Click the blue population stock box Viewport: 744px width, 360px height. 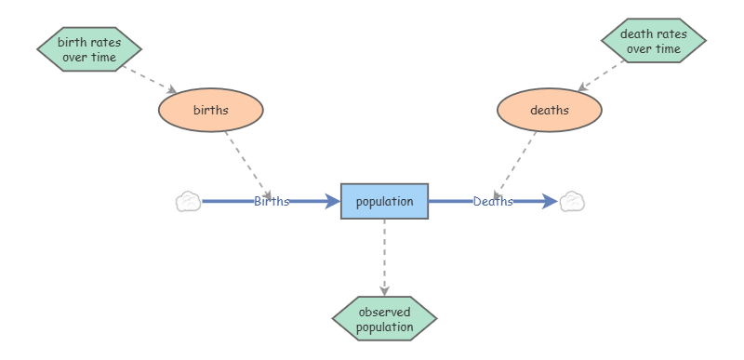point(384,201)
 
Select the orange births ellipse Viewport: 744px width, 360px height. point(211,110)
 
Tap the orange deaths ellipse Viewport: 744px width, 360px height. point(550,110)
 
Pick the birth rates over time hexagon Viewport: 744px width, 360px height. point(89,49)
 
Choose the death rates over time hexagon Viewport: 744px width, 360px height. point(654,41)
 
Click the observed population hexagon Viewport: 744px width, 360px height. point(384,319)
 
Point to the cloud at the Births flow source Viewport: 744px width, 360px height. point(189,202)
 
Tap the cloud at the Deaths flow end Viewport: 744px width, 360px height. point(572,202)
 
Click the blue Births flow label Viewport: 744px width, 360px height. point(272,202)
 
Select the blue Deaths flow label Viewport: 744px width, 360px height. point(493,202)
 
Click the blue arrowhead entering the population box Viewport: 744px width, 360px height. point(333,201)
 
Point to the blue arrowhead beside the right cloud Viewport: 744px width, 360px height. point(550,201)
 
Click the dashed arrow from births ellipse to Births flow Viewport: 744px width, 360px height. point(248,166)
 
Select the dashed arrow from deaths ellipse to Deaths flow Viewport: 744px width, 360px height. point(514,166)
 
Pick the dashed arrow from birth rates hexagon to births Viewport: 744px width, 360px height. point(150,80)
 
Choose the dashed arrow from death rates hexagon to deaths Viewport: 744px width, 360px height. point(601,76)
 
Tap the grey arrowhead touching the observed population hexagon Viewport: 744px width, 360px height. point(384,291)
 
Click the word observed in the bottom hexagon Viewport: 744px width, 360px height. point(384,313)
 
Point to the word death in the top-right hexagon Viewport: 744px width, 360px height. point(633,34)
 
